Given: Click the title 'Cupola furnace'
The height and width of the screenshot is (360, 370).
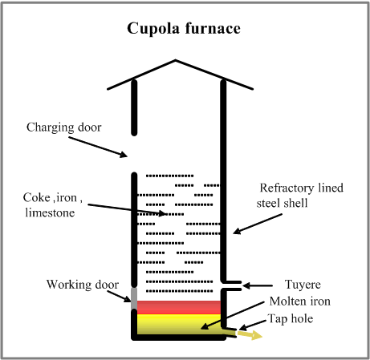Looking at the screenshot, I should point(185,30).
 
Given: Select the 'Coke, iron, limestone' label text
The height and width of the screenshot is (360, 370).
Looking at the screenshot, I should point(57,204).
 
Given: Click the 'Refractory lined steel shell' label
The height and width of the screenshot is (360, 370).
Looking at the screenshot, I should point(302,196).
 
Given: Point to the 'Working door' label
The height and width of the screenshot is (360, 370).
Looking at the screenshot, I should point(82,284).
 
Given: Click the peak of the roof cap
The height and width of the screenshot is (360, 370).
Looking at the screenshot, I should point(176,61).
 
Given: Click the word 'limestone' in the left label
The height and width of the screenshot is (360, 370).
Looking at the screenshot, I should point(57,212).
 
